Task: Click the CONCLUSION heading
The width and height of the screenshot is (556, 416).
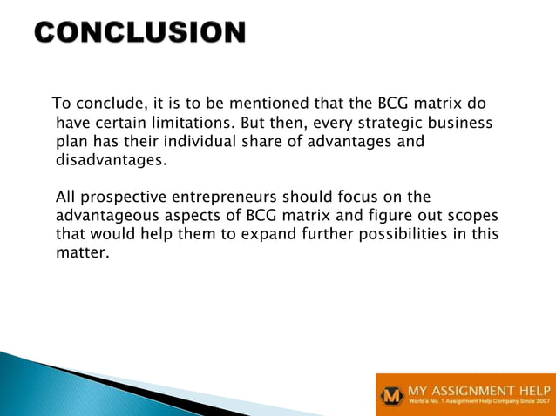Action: click(140, 32)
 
